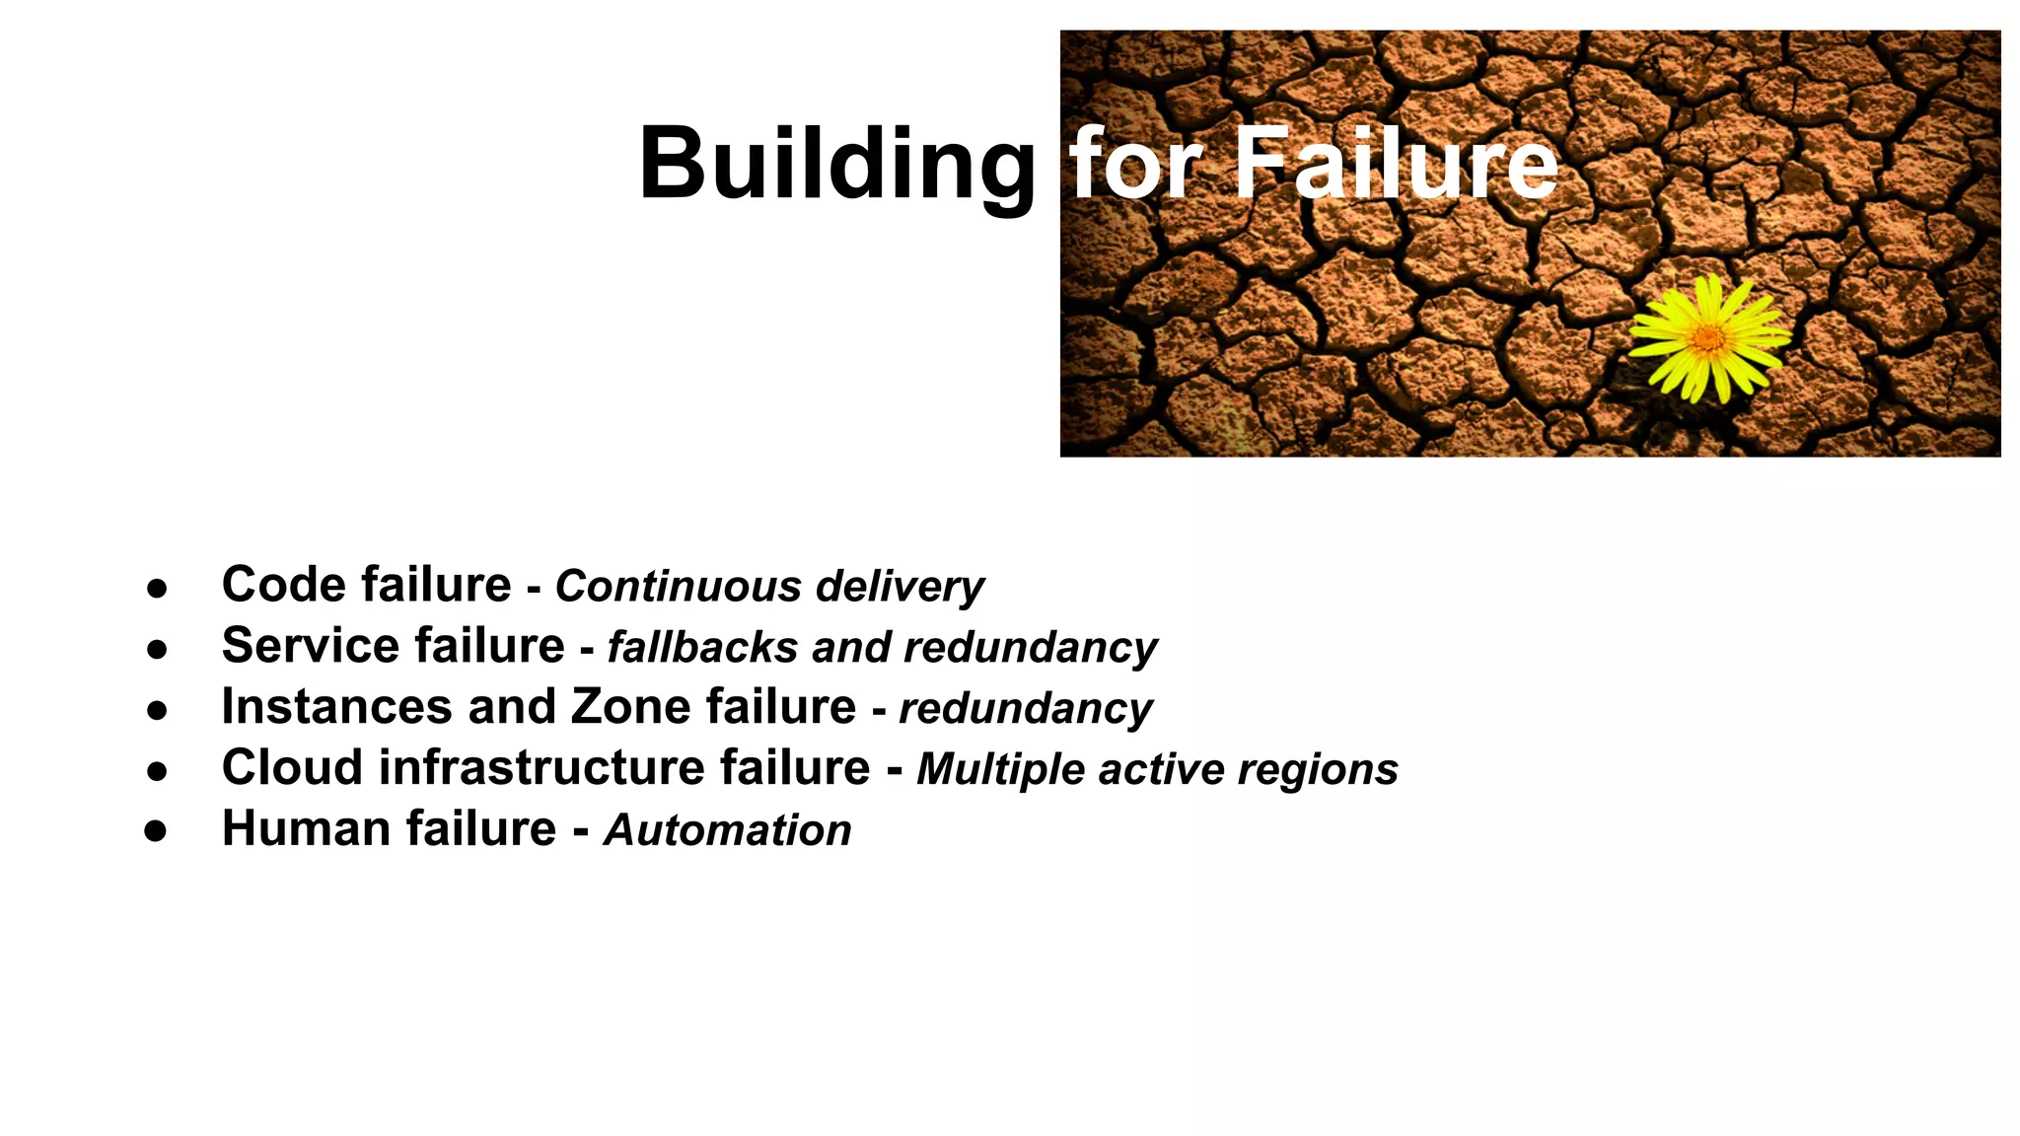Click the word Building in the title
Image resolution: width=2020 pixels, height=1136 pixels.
pyautogui.click(x=836, y=165)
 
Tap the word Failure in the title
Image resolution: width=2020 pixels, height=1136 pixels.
pyautogui.click(x=1396, y=163)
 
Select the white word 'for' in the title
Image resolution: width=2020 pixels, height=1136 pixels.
pyautogui.click(x=1135, y=163)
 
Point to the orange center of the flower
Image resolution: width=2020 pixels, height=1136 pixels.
pyautogui.click(x=1709, y=339)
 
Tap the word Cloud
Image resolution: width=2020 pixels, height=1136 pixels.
pyautogui.click(x=292, y=768)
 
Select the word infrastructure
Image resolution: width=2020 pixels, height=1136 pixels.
pyautogui.click(x=541, y=768)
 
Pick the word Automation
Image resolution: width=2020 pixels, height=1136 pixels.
pyautogui.click(x=728, y=830)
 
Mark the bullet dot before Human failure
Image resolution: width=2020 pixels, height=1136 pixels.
pyautogui.click(x=156, y=830)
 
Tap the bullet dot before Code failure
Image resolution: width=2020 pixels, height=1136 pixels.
pyautogui.click(x=156, y=588)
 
